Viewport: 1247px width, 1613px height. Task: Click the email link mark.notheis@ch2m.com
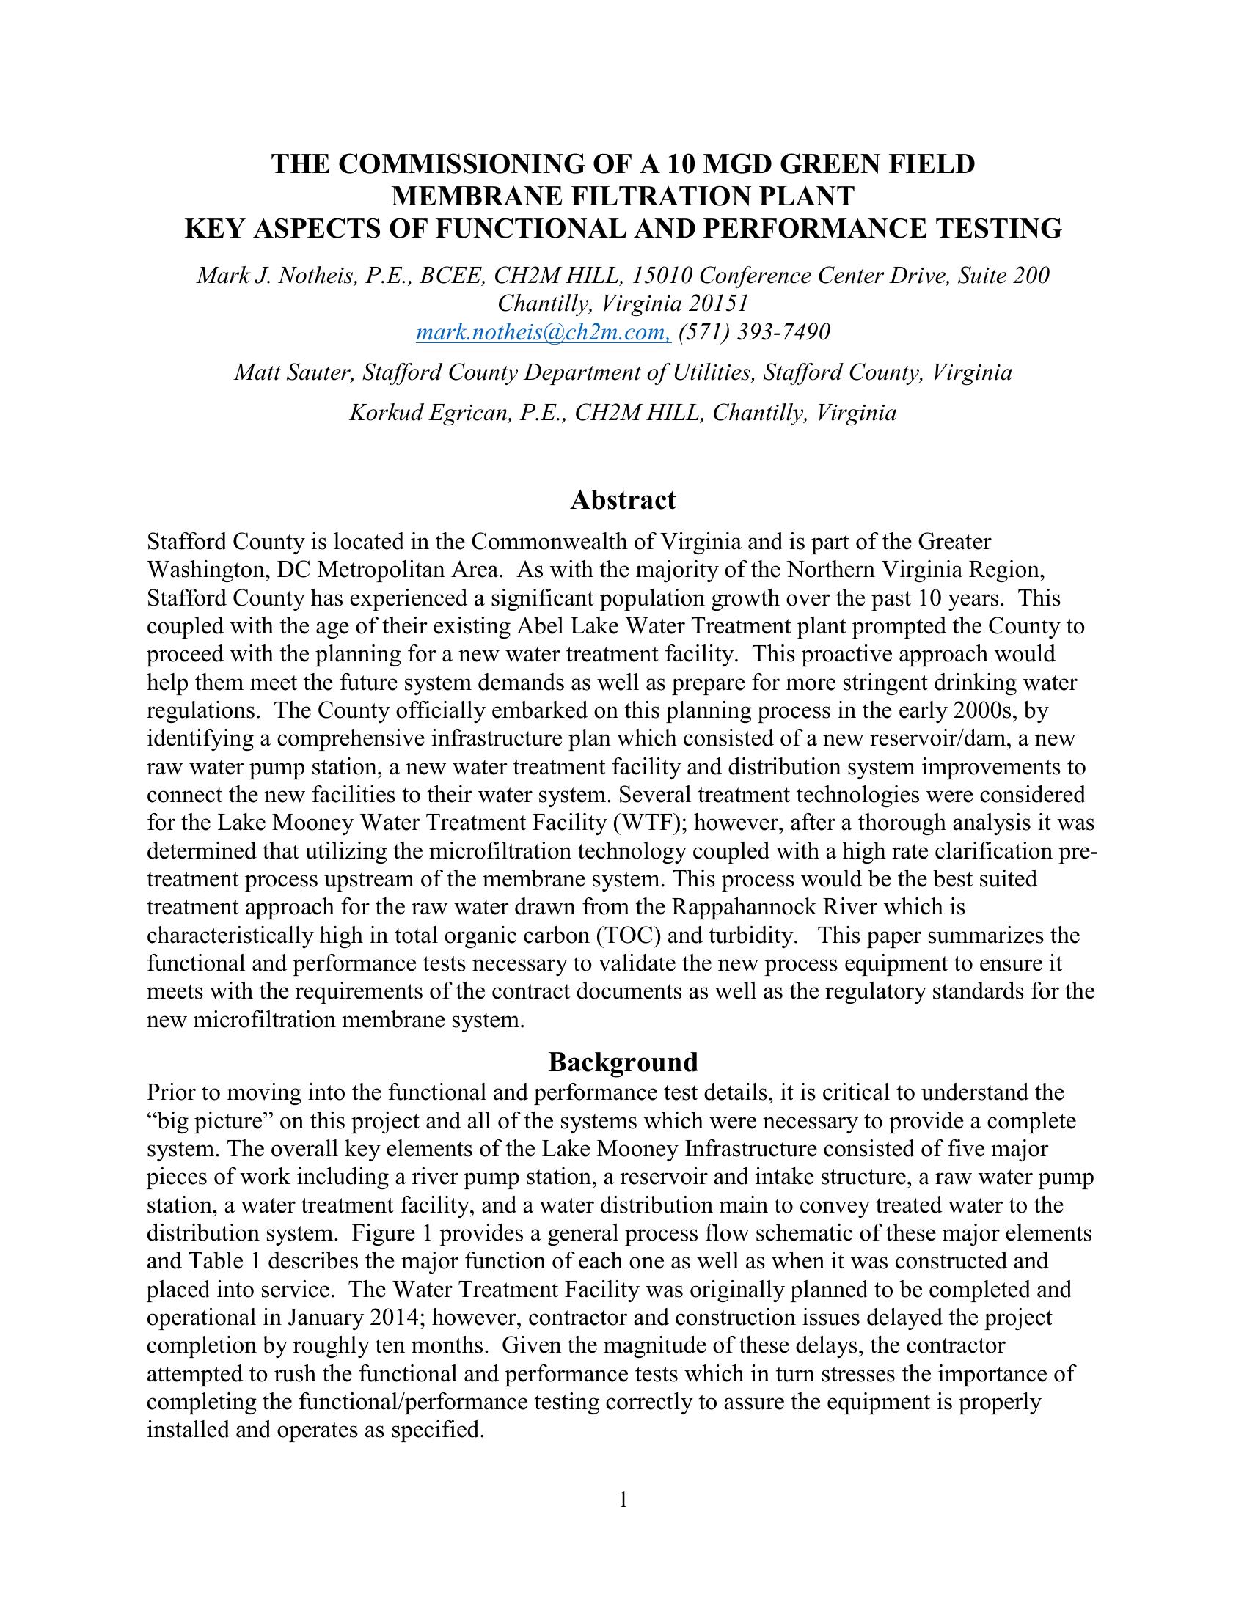pos(543,333)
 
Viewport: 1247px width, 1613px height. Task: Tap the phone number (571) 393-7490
pos(754,333)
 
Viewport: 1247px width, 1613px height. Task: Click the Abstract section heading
pos(623,501)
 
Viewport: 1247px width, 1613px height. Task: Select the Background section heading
pos(623,1063)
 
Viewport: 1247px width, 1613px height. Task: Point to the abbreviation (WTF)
pos(657,823)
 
